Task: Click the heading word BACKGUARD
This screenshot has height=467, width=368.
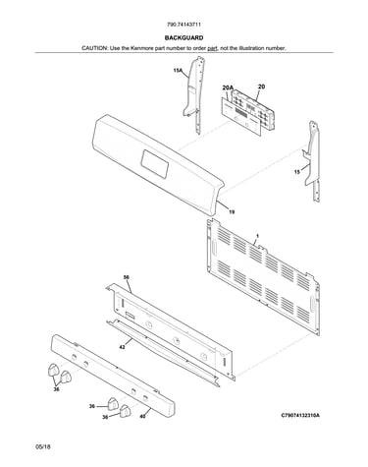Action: point(184,37)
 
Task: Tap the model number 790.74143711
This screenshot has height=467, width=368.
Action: point(184,25)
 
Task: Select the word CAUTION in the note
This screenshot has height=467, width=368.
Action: point(94,48)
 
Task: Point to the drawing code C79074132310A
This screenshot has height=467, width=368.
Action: point(300,416)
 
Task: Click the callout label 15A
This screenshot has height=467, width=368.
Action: point(178,70)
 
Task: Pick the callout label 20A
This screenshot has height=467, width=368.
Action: point(228,88)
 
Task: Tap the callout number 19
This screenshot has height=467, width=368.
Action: point(232,212)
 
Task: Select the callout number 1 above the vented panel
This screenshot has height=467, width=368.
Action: point(257,236)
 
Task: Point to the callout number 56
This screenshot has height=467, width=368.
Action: point(126,277)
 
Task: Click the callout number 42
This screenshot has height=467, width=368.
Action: point(122,347)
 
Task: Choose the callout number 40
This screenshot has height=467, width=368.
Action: point(142,417)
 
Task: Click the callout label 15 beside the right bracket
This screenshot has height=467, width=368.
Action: point(297,172)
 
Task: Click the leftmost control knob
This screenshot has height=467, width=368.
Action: point(53,370)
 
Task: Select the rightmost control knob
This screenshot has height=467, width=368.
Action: point(125,411)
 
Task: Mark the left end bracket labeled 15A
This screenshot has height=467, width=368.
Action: point(194,94)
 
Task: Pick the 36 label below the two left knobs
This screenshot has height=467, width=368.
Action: point(56,389)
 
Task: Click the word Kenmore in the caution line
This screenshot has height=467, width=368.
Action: point(141,48)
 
